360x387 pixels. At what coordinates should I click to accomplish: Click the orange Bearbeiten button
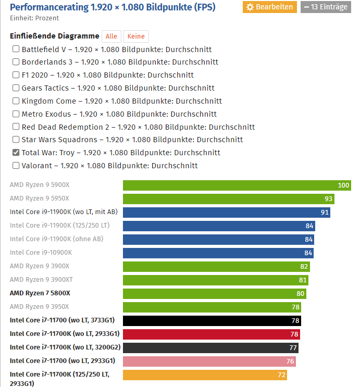[269, 7]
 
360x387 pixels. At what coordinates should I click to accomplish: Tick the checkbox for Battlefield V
[16, 49]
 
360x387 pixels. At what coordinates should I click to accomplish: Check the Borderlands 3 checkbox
[16, 63]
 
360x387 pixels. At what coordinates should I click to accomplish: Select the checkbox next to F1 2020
[16, 75]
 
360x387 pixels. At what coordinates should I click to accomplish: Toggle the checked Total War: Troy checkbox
[16, 153]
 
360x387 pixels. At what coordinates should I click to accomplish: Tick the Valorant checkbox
[16, 166]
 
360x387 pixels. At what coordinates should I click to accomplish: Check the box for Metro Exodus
[16, 114]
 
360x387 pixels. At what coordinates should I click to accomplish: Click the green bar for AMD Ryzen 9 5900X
[237, 185]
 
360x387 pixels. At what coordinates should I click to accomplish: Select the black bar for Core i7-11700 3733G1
[212, 321]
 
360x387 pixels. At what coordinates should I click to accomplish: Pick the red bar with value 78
[211, 334]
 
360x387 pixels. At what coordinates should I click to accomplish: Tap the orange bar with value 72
[205, 375]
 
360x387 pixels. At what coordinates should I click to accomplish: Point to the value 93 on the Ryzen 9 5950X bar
[328, 199]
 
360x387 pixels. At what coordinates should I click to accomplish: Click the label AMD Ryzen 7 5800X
[40, 293]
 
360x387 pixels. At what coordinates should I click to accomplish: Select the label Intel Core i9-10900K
[41, 253]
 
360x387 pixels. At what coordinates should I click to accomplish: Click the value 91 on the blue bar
[325, 213]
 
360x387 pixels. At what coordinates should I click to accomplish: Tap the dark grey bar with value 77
[210, 348]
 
